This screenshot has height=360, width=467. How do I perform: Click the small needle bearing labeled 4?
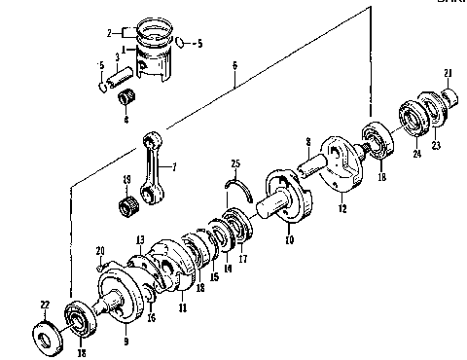click(x=125, y=99)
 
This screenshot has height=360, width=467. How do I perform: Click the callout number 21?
click(x=449, y=74)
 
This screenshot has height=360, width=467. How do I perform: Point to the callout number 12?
click(x=342, y=208)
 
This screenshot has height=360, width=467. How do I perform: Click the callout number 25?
click(x=234, y=161)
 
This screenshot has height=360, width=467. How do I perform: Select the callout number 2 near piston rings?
click(x=109, y=32)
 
